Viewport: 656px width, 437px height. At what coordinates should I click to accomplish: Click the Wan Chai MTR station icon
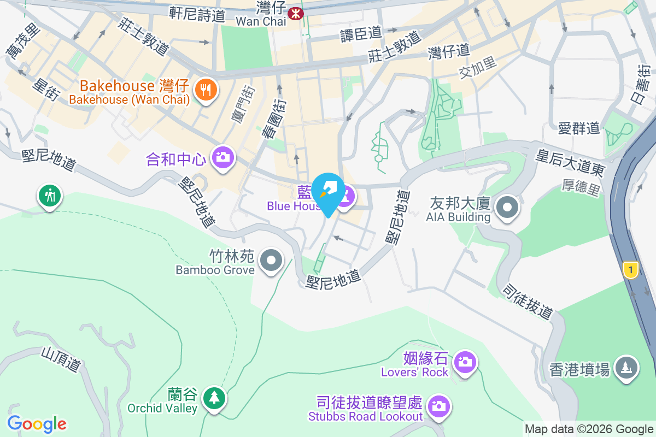(296, 13)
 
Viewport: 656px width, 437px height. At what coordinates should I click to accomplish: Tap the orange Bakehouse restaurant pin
(206, 90)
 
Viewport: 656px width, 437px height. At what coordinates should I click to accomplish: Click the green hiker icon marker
(50, 195)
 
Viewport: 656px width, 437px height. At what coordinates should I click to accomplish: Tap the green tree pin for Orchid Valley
(213, 398)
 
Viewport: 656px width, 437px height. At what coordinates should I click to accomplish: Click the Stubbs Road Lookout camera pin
(437, 406)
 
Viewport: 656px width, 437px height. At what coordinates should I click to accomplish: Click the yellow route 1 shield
(631, 269)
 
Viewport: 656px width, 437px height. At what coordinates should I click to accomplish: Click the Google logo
(37, 424)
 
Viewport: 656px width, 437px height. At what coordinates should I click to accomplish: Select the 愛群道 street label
(579, 129)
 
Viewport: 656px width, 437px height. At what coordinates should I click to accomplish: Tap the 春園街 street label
(272, 118)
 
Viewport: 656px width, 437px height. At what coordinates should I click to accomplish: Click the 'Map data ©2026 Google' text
(589, 429)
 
